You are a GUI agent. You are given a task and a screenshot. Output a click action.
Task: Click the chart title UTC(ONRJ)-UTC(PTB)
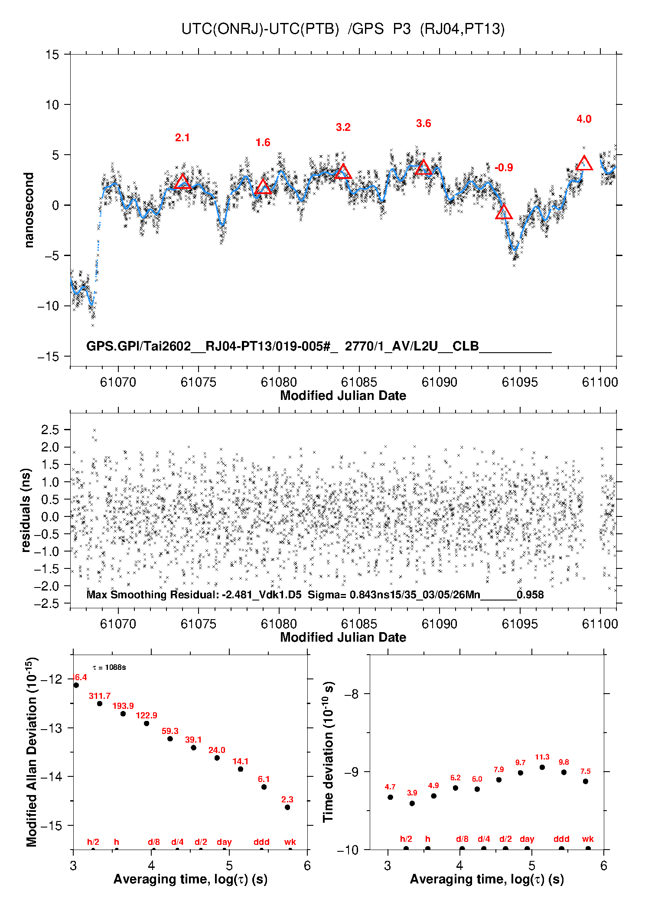point(260,29)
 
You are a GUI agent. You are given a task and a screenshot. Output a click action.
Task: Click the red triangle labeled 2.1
point(182,182)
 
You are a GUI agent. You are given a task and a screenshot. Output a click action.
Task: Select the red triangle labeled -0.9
point(504,212)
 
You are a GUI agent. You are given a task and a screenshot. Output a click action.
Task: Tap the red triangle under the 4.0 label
point(584,164)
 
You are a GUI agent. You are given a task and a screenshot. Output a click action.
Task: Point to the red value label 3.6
point(423,123)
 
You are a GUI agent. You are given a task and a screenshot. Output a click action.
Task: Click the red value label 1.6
point(263,143)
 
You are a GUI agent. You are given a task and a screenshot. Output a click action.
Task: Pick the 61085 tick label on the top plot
point(359,382)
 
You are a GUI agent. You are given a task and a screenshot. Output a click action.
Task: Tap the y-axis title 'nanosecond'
point(29,210)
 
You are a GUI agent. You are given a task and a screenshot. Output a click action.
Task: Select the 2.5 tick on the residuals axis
point(50,430)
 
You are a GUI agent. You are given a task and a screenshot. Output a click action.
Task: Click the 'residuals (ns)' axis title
point(26,510)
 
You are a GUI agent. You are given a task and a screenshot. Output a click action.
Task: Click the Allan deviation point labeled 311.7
point(100,704)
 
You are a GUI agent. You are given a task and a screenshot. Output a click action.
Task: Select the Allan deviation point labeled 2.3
point(287,807)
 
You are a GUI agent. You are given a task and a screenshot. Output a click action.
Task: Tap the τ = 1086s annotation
point(109,668)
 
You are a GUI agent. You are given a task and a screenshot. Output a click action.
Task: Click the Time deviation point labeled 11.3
point(542,767)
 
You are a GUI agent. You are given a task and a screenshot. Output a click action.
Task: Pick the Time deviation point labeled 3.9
point(412,803)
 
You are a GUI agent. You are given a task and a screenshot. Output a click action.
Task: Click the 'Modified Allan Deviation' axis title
point(31,752)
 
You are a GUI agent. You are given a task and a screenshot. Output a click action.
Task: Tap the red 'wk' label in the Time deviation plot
point(588,839)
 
